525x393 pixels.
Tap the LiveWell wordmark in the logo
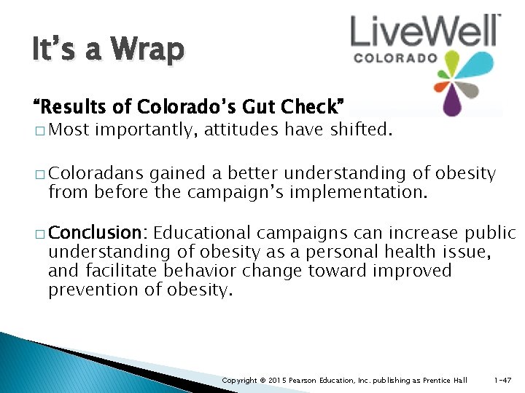coord(425,32)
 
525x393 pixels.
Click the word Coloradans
coord(96,174)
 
